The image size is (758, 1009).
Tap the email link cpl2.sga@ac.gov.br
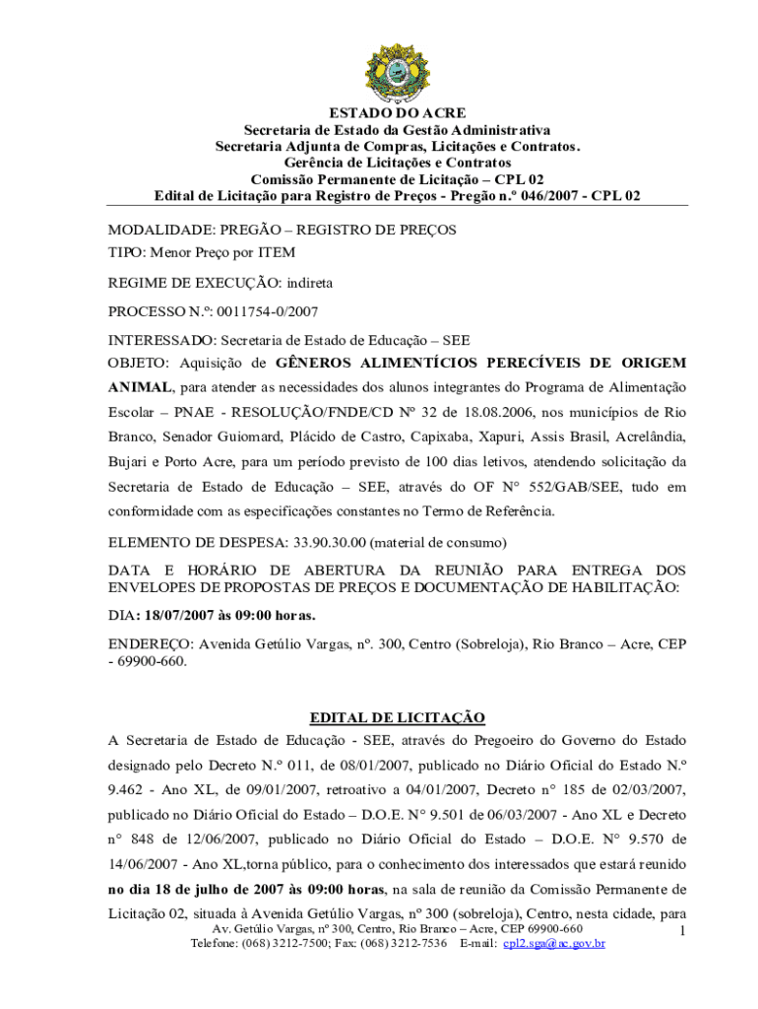[x=553, y=943]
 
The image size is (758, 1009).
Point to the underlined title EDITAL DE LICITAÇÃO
[x=397, y=717]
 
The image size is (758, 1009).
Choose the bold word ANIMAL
[x=140, y=386]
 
